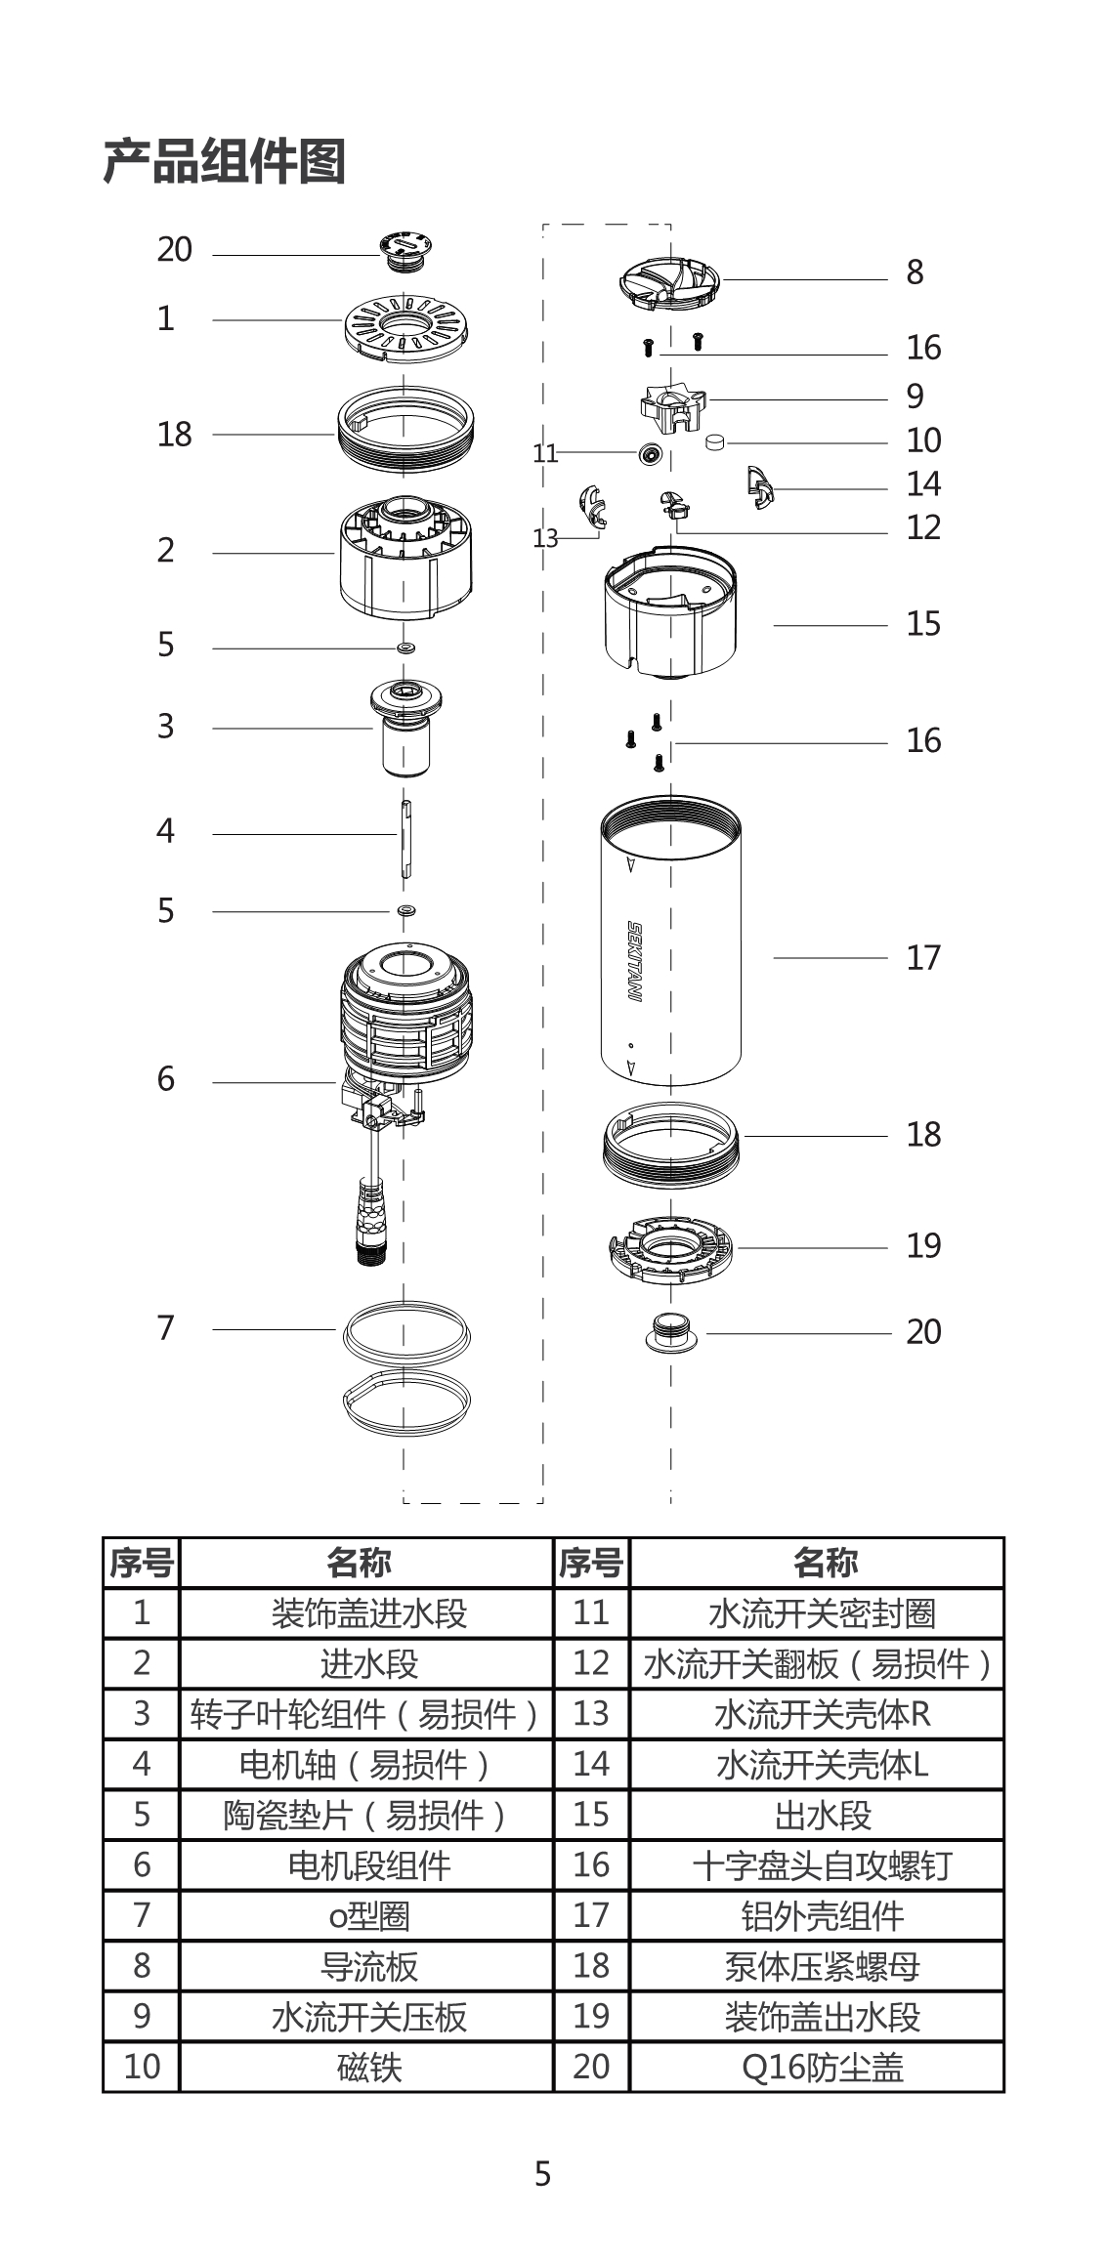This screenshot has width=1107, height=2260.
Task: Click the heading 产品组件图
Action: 224,161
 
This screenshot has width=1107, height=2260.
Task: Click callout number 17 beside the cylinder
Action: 922,957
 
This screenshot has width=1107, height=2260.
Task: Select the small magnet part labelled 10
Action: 716,442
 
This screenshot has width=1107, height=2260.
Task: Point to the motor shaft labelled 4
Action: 404,835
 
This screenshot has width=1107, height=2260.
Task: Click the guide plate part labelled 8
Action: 669,280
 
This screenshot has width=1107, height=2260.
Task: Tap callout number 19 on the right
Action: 922,1245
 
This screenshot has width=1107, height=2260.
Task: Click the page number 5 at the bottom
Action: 543,2173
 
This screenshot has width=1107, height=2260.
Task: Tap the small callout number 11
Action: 544,453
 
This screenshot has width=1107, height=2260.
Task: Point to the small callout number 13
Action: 544,538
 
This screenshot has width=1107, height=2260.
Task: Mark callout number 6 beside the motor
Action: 166,1079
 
